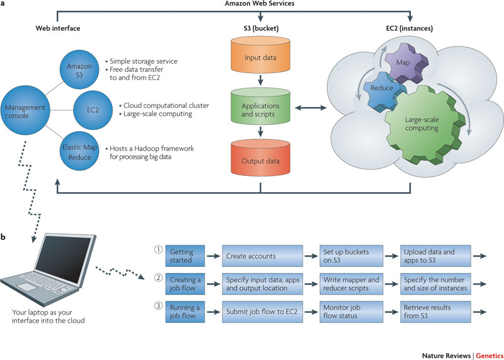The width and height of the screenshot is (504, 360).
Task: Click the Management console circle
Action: [x=25, y=111]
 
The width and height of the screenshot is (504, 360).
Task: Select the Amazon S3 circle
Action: [x=79, y=69]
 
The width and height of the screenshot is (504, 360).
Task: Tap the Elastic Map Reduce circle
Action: [x=79, y=153]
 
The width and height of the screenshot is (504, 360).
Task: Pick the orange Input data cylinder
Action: [x=260, y=54]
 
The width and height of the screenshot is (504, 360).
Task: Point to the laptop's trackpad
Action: [x=27, y=287]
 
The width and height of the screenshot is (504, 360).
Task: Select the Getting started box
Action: [x=185, y=256]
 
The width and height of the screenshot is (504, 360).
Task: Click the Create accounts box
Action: [x=262, y=256]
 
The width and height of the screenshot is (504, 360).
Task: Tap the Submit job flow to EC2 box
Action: [x=262, y=311]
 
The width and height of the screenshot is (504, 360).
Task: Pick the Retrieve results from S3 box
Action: [x=435, y=311]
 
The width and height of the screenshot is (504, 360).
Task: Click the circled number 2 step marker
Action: [x=157, y=278]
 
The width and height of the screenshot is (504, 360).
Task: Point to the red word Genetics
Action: [x=489, y=356]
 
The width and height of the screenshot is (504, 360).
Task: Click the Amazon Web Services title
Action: [x=260, y=4]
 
